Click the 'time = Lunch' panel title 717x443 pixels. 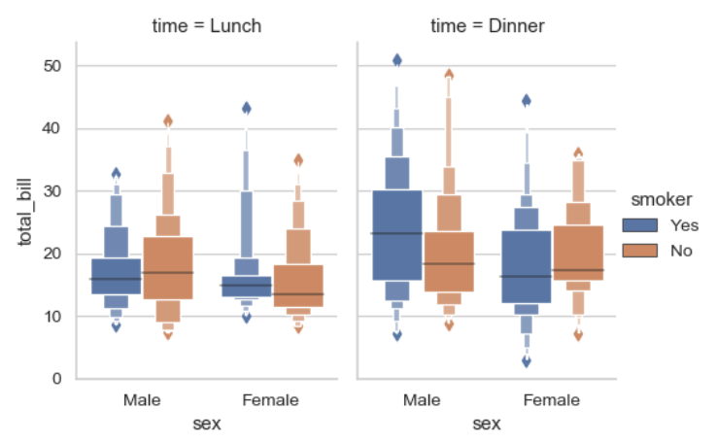click(206, 25)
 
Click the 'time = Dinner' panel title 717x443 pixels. click(487, 25)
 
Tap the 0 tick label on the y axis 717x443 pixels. click(58, 379)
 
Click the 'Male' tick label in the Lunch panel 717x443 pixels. click(142, 399)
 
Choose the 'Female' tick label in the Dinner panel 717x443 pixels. click(551, 399)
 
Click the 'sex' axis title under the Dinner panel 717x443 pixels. click(487, 424)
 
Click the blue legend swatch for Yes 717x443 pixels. click(645, 224)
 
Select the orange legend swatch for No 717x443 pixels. click(645, 250)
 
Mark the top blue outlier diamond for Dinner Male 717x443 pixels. click(396, 60)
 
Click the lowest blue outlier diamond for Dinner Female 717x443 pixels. click(527, 361)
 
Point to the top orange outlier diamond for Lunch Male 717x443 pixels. click(168, 121)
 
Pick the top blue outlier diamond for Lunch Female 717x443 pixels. click(247, 108)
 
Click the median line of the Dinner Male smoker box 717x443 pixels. click(396, 233)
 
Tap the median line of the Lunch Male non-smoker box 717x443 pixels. click(168, 272)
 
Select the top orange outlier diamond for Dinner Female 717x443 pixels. click(578, 153)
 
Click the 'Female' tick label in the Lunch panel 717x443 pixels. click(271, 399)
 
